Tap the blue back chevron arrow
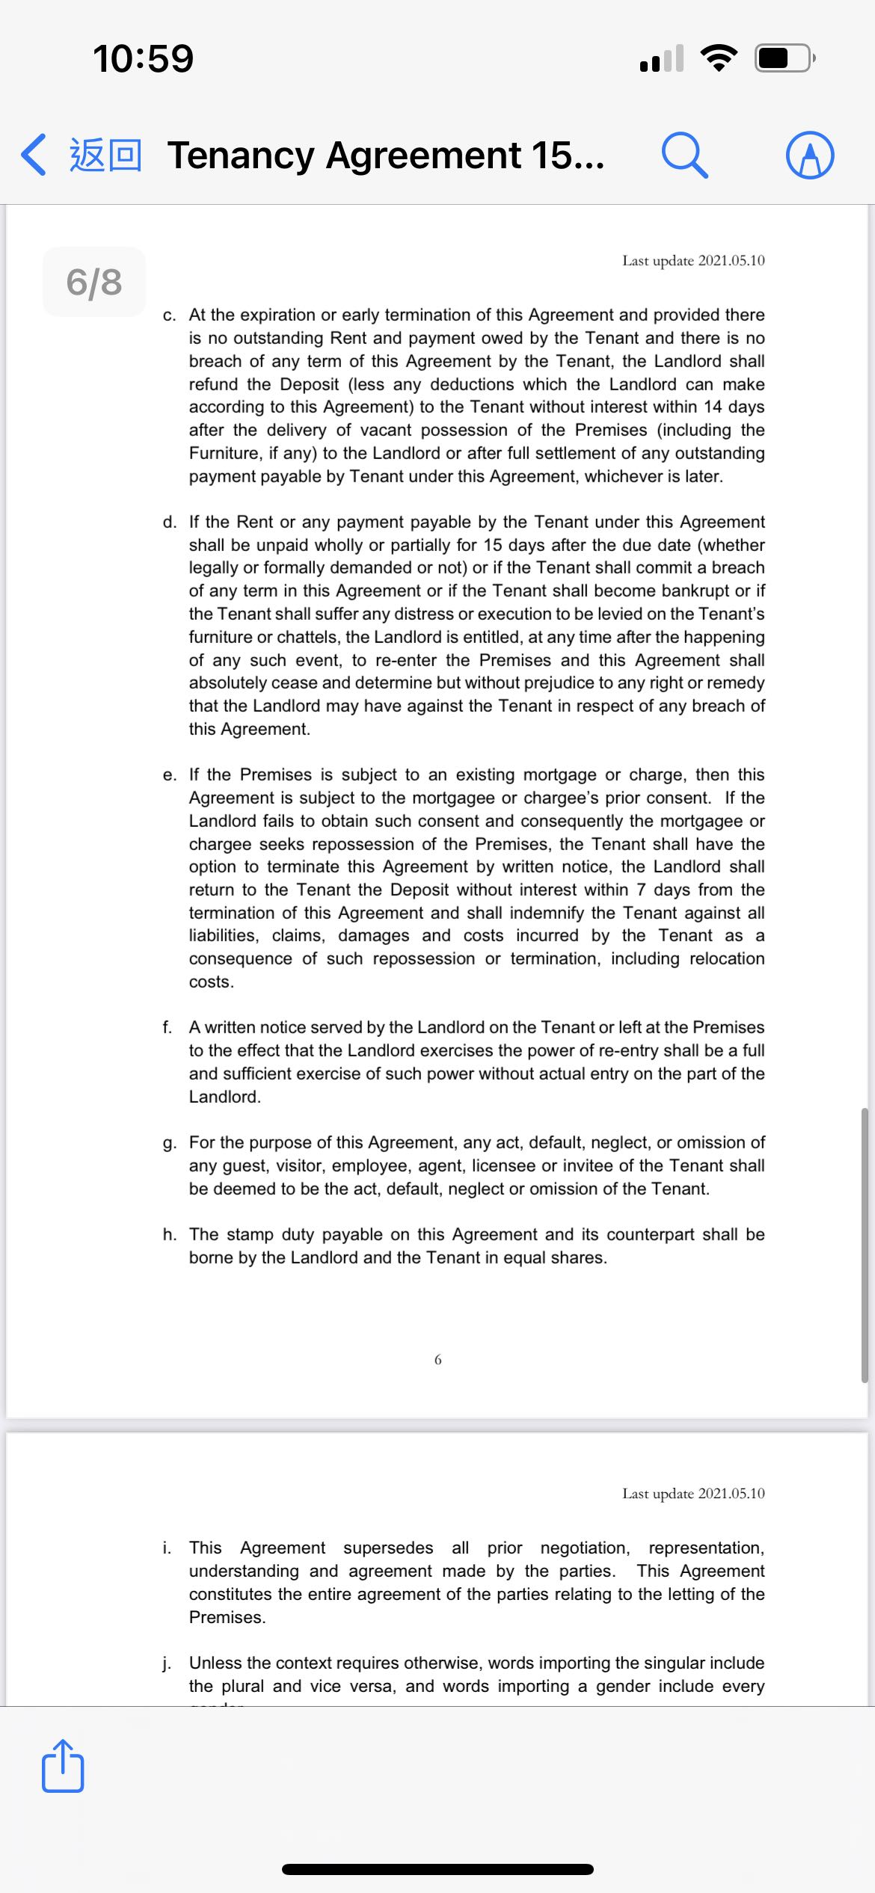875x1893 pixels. [x=34, y=155]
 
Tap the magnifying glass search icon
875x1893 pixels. [x=684, y=156]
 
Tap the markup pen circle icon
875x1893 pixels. [x=810, y=155]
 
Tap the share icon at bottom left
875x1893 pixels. [x=63, y=1766]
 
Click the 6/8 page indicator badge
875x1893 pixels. [x=94, y=282]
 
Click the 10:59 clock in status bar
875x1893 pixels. [x=143, y=58]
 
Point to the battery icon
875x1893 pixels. [x=784, y=58]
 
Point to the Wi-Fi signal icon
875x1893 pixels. [x=719, y=58]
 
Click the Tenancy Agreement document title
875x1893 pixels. [x=386, y=156]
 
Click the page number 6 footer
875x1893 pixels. [x=437, y=1359]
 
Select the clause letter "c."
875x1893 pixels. [x=170, y=315]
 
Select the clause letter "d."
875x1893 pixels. [x=170, y=522]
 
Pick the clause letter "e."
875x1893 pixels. [x=170, y=775]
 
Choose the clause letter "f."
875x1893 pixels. [x=168, y=1027]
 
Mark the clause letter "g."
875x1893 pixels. [x=170, y=1142]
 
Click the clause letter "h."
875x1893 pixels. [x=170, y=1234]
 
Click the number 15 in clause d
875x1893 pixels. [x=493, y=545]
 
